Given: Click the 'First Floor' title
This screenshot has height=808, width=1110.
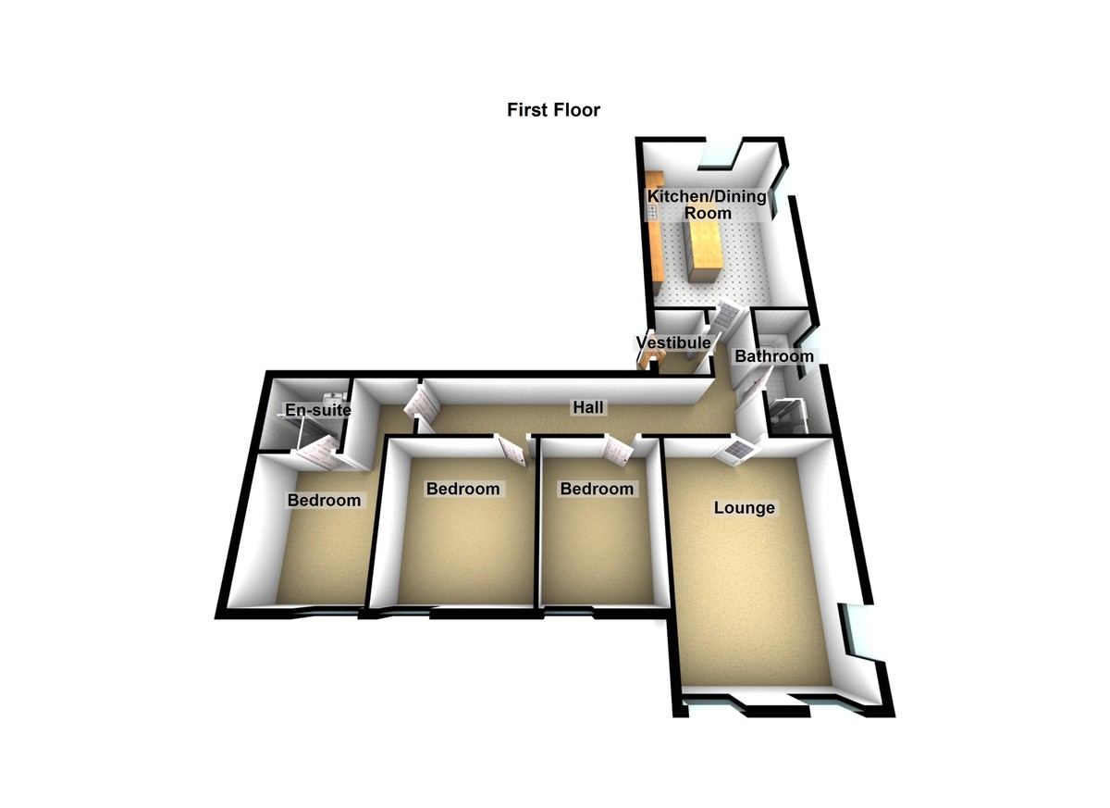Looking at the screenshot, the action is point(553,109).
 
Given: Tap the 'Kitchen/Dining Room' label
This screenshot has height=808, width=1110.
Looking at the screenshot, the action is point(707,205).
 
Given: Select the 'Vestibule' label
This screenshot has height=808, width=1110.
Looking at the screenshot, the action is point(673,342).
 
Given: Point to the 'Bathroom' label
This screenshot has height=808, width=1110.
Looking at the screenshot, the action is point(774,356).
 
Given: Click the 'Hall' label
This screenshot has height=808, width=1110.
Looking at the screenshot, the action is point(588,407).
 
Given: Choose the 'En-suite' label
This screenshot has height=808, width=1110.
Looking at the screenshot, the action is point(318,409).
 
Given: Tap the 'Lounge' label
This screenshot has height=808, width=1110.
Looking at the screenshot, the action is point(745,507).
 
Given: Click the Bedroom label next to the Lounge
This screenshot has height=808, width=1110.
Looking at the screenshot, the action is point(597,489).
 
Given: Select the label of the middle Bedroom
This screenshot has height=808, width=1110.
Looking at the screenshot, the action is point(462,489).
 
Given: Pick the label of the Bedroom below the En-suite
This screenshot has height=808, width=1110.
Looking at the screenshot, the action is point(324,500).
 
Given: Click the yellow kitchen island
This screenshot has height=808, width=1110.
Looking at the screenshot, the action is point(699,252).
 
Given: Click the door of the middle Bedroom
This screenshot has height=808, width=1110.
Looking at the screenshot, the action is point(512,450).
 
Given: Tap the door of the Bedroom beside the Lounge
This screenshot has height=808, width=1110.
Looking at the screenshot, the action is point(618,450).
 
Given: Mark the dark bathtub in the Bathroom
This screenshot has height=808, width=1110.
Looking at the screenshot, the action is point(786,416).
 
